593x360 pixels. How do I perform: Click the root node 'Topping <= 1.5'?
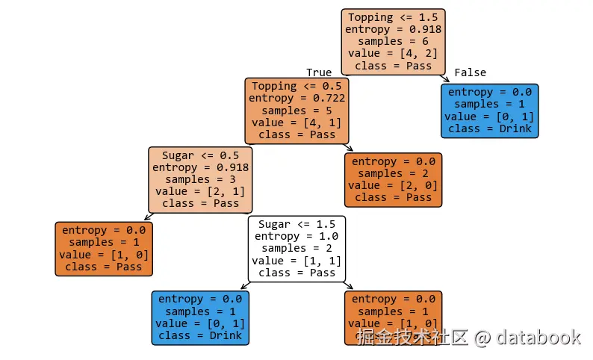pyautogui.click(x=393, y=41)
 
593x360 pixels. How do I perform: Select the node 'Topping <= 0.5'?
pyautogui.click(x=296, y=111)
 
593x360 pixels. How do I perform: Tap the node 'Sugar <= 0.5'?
pyautogui.click(x=200, y=179)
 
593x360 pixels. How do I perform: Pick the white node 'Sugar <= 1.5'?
pyautogui.click(x=296, y=249)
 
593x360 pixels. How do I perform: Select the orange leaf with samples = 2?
pyautogui.click(x=393, y=179)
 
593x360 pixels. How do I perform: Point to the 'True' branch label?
pyautogui.click(x=319, y=72)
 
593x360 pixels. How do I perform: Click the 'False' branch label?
pyautogui.click(x=470, y=72)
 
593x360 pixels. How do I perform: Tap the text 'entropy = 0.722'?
pyautogui.click(x=296, y=99)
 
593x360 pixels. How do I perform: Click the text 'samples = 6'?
pyautogui.click(x=393, y=41)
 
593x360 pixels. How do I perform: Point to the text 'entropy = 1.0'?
pyautogui.click(x=296, y=236)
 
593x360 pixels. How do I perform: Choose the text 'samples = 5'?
pyautogui.click(x=296, y=111)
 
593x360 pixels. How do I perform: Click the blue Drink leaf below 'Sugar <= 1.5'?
pyautogui.click(x=200, y=317)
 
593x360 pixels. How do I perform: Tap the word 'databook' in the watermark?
pyautogui.click(x=538, y=338)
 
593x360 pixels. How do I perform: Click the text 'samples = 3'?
pyautogui.click(x=200, y=179)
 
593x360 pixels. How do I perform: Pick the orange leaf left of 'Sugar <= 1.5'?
pyautogui.click(x=104, y=249)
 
